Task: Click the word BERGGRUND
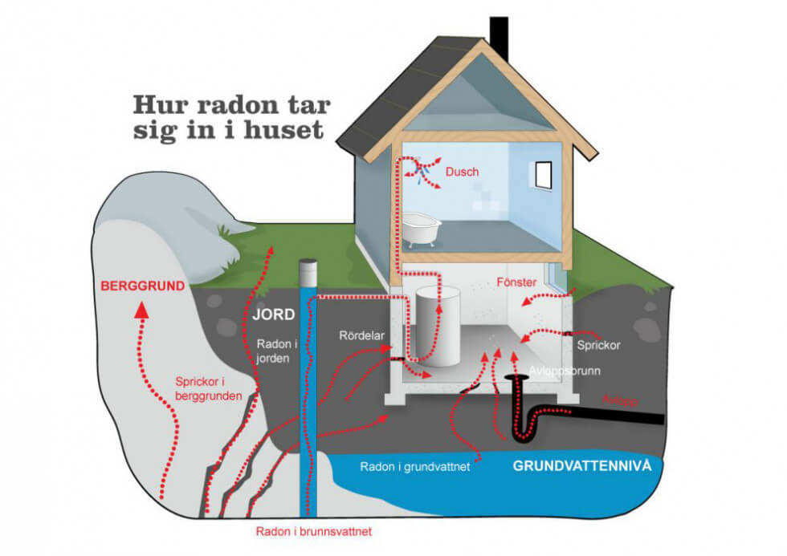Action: point(142,286)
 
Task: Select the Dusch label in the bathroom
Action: point(462,172)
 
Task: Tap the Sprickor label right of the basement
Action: point(599,346)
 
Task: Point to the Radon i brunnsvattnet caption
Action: point(315,531)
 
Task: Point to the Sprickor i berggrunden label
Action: point(209,388)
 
